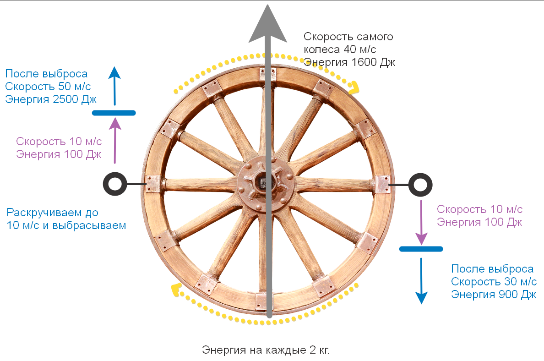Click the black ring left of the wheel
pos(115,184)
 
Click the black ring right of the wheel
pos(420,184)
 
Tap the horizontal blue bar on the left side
pos(114,113)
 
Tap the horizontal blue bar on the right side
pos(421,249)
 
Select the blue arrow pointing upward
pos(114,85)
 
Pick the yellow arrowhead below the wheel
pos(175,289)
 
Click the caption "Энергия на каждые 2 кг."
pos(266,350)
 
